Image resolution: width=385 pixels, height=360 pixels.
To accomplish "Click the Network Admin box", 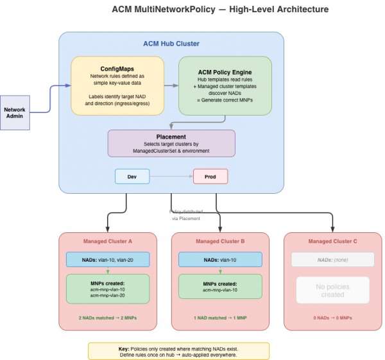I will click(14, 112).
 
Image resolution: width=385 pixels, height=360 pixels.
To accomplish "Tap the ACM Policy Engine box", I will click(225, 85).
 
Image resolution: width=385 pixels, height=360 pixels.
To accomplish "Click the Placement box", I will click(171, 143).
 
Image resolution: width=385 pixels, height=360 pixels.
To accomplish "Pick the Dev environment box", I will click(132, 176).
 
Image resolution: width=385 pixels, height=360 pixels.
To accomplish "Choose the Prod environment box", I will click(210, 176).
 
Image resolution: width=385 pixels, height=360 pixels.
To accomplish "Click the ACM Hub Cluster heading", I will click(171, 44).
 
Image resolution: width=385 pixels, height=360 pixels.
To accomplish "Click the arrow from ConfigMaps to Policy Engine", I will click(171, 85).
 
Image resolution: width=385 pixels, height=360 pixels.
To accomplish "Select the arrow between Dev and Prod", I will click(171, 176).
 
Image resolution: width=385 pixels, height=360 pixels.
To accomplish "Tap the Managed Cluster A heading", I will click(108, 241).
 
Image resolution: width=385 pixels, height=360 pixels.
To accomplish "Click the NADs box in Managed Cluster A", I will click(108, 259).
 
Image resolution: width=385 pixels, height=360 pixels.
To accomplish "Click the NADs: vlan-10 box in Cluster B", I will click(220, 259).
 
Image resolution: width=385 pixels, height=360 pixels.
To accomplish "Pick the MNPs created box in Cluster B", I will click(220, 286).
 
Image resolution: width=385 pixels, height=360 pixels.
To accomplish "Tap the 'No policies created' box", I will click(332, 290).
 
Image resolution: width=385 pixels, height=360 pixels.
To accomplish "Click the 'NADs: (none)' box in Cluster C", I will click(332, 259).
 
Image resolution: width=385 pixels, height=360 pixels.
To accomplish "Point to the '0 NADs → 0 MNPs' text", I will click(332, 318).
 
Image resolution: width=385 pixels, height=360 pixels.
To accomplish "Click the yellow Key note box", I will click(178, 350).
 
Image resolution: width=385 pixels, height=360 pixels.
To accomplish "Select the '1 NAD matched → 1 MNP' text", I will click(220, 318).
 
